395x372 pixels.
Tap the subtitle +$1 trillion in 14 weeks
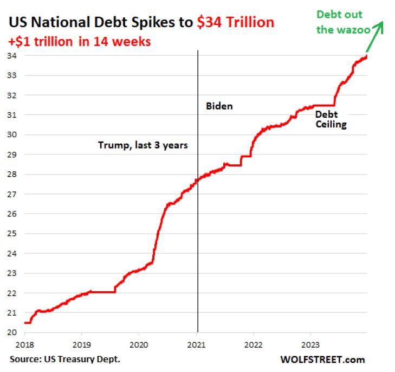(80, 41)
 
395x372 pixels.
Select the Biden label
(219, 106)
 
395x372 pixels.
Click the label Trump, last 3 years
(143, 145)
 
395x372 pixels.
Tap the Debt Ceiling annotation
(331, 119)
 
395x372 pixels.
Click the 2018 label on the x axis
(24, 344)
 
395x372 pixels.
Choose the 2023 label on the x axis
(310, 344)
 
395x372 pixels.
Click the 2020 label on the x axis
(138, 344)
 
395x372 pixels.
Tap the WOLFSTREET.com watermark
(322, 360)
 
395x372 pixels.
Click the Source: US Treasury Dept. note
(65, 360)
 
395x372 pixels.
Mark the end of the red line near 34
(367, 56)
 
